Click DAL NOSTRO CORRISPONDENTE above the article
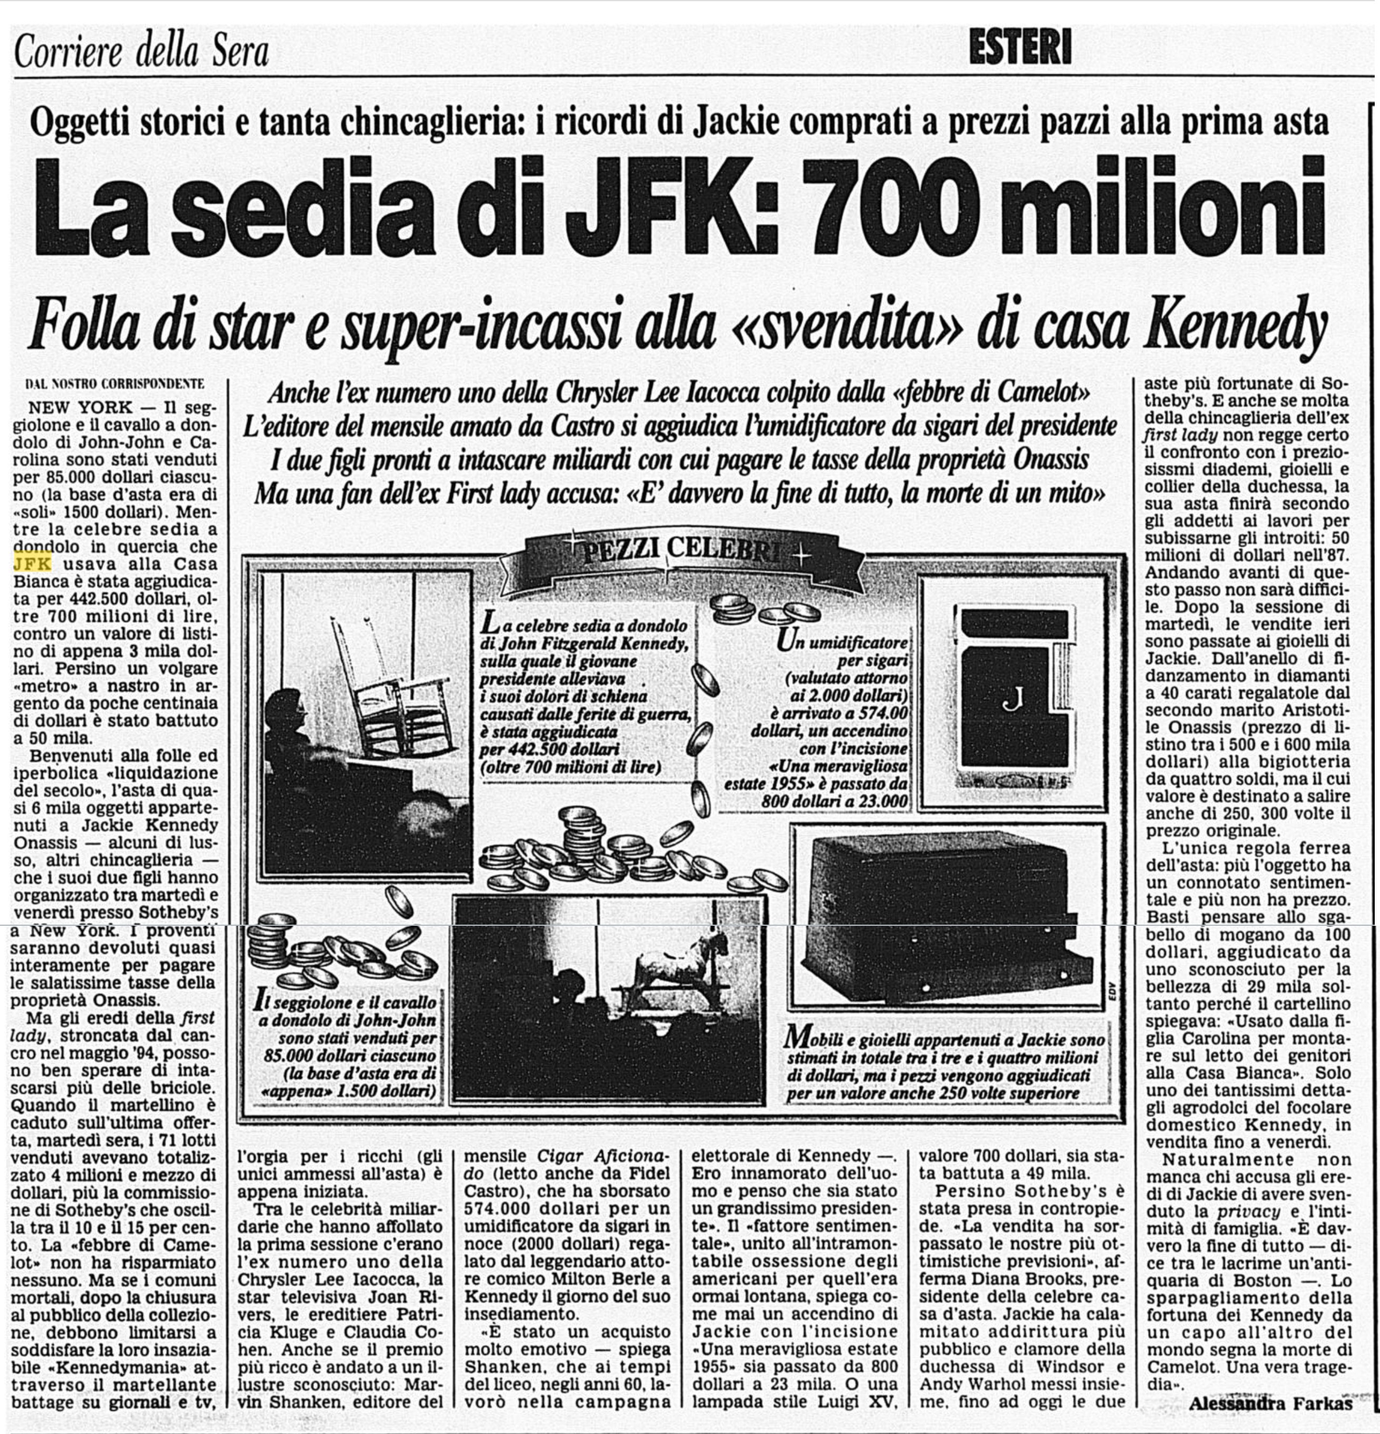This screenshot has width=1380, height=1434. click(115, 383)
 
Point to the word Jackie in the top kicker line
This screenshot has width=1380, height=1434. click(735, 122)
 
